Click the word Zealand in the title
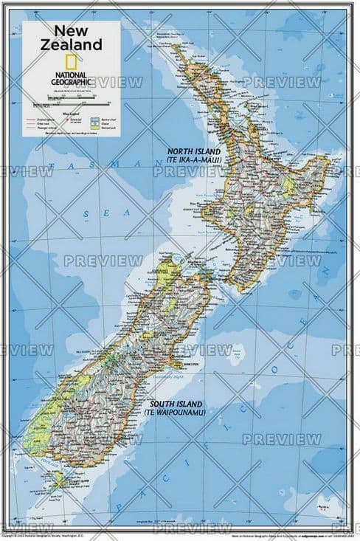(x=70, y=45)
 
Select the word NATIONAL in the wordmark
(x=70, y=75)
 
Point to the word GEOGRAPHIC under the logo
(x=70, y=83)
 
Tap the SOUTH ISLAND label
(x=176, y=404)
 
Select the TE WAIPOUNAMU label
(x=176, y=413)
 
